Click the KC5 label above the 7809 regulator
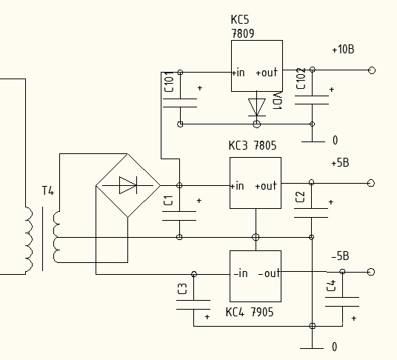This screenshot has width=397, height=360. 240,19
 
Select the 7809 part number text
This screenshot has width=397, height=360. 243,33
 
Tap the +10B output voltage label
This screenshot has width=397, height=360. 343,49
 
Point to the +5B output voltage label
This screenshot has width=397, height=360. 340,162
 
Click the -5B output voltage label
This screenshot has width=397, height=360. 340,256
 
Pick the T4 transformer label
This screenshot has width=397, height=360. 48,190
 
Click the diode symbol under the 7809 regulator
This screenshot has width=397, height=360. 257,107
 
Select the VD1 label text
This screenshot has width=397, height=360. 277,101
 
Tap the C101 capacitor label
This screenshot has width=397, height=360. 169,81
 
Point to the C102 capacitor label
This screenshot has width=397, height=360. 301,79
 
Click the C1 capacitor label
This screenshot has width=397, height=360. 168,200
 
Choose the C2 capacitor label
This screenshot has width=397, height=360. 300,197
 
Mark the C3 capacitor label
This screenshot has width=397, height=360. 182,289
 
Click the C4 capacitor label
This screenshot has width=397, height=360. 331,285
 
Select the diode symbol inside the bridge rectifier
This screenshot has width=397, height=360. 128,186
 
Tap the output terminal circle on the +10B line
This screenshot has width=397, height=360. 371,70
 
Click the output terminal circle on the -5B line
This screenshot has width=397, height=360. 370,272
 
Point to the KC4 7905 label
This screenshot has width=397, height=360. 250,312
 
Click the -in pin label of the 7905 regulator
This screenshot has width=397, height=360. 241,273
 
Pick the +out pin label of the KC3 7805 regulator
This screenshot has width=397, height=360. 266,186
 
